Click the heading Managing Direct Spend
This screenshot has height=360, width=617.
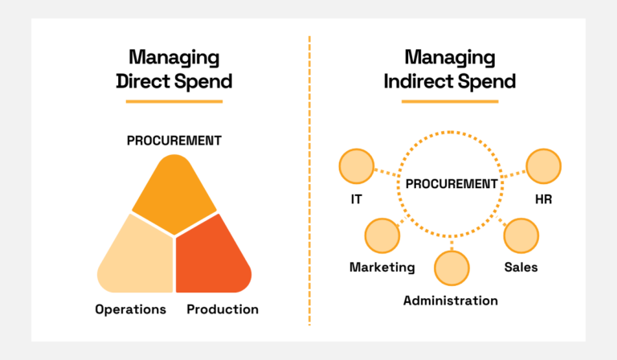[x=174, y=69]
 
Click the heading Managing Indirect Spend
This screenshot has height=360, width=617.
[x=449, y=69]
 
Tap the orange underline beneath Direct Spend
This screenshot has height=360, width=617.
[x=174, y=101]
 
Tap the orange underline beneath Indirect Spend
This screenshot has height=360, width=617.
[x=449, y=101]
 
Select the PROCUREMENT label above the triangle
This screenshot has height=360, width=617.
[x=174, y=141]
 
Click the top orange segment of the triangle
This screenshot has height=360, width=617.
[x=174, y=189]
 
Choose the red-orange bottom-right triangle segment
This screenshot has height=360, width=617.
[x=210, y=257]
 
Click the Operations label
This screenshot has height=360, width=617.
[x=130, y=309]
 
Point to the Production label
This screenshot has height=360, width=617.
[x=223, y=309]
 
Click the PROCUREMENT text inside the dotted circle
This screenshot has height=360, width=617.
[x=451, y=184]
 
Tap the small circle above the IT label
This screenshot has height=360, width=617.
[x=357, y=166]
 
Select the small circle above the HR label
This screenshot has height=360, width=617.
[x=544, y=166]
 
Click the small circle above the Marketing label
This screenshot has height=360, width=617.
[x=382, y=235]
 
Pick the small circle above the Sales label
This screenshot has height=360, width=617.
[x=521, y=235]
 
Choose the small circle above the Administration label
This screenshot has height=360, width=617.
[x=451, y=268]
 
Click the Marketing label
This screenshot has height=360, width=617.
[x=382, y=267]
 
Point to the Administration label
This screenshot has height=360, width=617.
[x=451, y=301]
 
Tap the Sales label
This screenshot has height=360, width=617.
[x=521, y=267]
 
